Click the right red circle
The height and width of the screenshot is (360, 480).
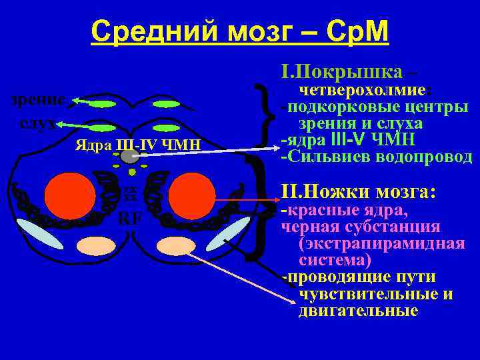click(192, 197)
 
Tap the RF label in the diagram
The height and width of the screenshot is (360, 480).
click(129, 219)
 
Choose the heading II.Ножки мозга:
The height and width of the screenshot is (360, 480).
click(359, 192)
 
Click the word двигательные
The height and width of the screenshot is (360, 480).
click(359, 310)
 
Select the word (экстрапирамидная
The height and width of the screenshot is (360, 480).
click(382, 243)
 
